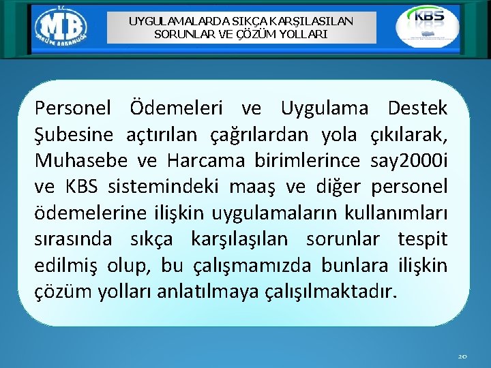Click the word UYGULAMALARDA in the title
click(166, 20)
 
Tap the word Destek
click(417, 108)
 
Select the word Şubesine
click(75, 135)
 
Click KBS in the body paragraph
click(81, 187)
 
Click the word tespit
click(422, 240)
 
